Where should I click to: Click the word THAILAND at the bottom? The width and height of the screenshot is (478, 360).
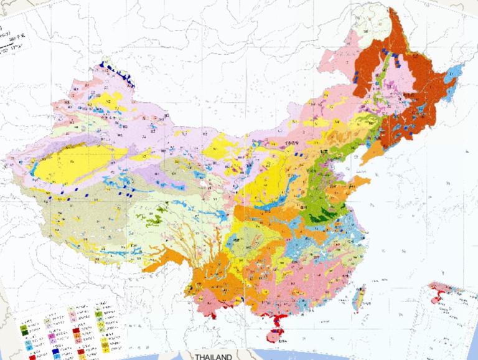[x=213, y=357]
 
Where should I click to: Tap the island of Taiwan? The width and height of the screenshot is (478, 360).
[x=358, y=296]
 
